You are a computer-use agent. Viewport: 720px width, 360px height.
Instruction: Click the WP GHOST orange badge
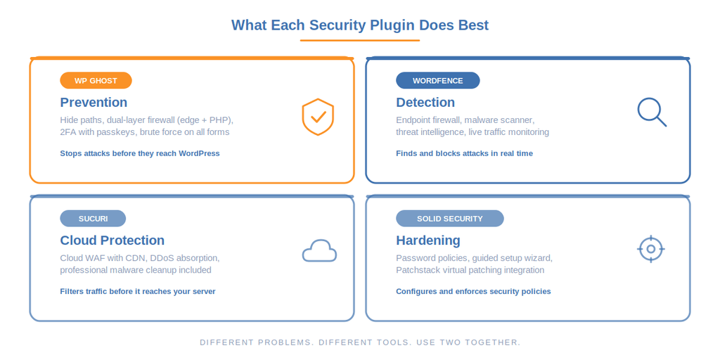coord(96,80)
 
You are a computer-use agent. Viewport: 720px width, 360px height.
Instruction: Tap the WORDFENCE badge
coord(437,80)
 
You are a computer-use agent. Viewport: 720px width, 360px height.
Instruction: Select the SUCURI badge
coord(93,218)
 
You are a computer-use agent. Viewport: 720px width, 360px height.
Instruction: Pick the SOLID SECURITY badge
coord(449,218)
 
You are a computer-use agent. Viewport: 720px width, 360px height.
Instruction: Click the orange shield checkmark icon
coord(318,117)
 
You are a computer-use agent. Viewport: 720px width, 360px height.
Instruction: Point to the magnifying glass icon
coord(651,112)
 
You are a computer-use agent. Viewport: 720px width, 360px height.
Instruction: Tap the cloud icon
coord(319,251)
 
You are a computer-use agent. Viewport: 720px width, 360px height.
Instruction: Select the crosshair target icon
coord(650,249)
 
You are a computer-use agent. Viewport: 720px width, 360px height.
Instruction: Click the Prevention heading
coord(94,102)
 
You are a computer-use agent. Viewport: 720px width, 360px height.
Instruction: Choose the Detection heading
coord(425,102)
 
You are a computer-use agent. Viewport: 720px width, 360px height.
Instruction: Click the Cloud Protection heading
coord(112,240)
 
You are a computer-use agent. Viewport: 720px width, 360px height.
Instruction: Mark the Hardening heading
coord(427,240)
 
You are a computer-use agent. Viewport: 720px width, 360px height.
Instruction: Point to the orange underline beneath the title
coord(359,40)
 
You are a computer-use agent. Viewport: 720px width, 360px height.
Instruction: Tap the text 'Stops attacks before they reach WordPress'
coord(139,153)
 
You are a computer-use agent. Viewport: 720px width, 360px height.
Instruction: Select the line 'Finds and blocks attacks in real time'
coord(464,153)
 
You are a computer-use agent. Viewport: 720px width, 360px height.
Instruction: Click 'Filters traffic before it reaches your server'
coord(137,291)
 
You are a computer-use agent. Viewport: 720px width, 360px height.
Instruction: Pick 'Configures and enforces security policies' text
coord(473,291)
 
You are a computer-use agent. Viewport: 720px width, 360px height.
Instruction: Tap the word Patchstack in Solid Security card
coord(419,270)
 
